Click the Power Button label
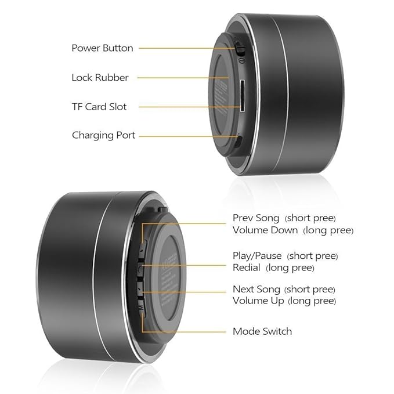coord(102,48)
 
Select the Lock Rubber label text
coord(100,77)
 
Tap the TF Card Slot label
coord(99,107)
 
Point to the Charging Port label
coord(103,135)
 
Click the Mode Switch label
coord(262,331)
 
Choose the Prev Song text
coord(256,218)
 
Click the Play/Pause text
coord(257,256)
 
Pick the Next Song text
coord(256,289)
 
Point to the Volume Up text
coord(258,301)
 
